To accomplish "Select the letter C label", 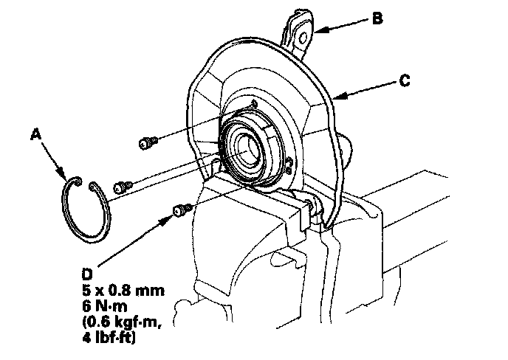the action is click(x=404, y=83).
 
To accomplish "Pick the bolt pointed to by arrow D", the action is click(x=180, y=211).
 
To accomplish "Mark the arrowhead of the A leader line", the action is click(x=68, y=178).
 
